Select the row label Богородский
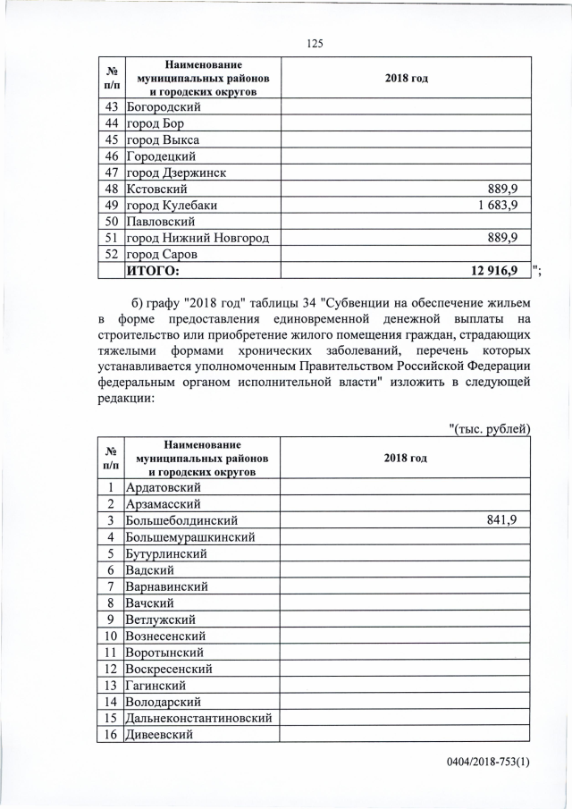coord(164,106)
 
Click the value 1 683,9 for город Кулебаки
coord(498,205)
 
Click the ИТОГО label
coord(153,271)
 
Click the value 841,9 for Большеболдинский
coord(504,520)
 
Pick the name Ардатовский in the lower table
coord(164,487)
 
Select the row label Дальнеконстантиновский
coord(198,718)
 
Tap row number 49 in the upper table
coord(112,205)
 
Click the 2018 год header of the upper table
coord(406,79)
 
